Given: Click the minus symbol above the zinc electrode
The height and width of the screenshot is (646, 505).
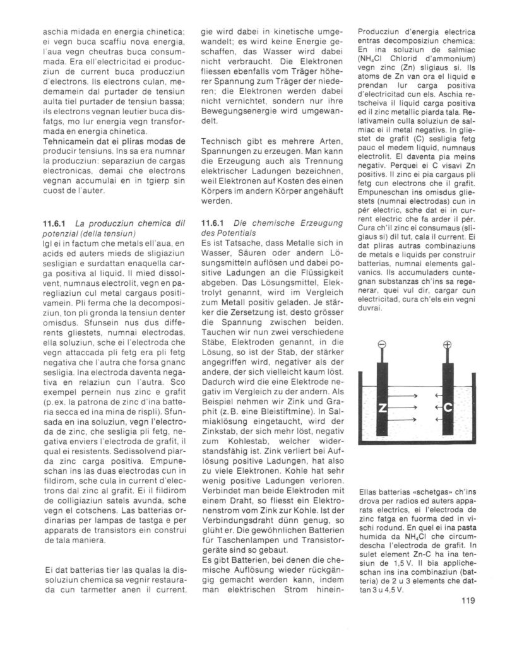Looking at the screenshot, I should [382, 345].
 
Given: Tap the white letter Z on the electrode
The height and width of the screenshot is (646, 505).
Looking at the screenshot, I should [382, 408].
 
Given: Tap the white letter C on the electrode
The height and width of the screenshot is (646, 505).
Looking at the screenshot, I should [448, 408].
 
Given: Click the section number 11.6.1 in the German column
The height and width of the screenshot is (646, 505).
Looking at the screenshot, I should [212, 222].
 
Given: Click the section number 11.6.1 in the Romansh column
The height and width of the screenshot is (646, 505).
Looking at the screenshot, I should [55, 222].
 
